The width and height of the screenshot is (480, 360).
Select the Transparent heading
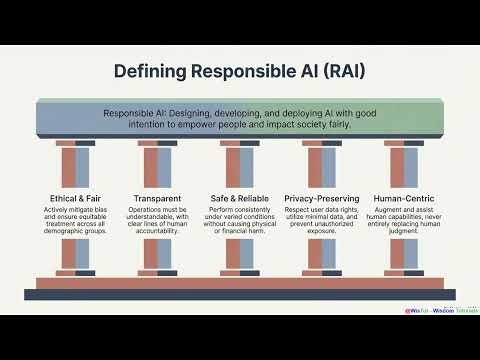157,198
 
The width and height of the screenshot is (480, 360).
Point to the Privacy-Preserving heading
321,198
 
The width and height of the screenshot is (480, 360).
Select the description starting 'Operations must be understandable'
157,221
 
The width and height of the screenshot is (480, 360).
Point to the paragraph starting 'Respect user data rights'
321,221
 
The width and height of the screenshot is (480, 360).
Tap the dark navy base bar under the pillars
240,294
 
